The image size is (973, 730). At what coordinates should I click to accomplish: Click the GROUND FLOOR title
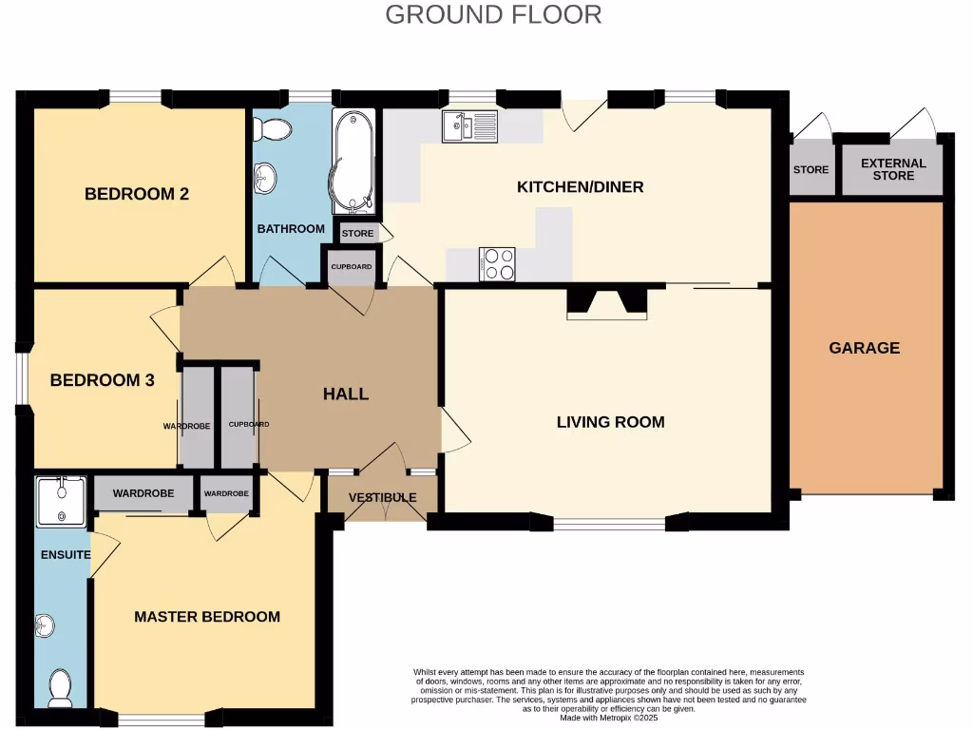[x=493, y=14]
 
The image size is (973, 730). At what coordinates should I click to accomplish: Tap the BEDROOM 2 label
[x=137, y=194]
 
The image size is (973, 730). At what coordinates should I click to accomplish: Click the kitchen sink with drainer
[x=469, y=125]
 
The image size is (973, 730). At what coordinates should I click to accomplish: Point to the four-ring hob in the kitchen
[x=497, y=264]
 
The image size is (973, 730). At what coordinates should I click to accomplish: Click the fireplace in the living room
[x=605, y=302]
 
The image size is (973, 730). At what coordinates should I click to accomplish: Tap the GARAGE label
[x=864, y=348]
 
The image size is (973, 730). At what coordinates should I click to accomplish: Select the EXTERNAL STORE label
[x=893, y=169]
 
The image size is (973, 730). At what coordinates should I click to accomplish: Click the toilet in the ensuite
[x=60, y=687]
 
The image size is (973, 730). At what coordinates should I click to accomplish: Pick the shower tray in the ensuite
[x=61, y=501]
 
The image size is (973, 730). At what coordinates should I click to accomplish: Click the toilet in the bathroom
[x=275, y=129]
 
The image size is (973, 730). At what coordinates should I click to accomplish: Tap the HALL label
[x=346, y=394]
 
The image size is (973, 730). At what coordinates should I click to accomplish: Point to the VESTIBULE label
[x=382, y=498]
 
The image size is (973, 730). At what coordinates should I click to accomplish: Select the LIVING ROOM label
[x=610, y=422]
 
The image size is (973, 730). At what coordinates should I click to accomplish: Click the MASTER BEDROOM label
[x=207, y=617]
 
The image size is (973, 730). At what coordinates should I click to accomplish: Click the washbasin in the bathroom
[x=265, y=177]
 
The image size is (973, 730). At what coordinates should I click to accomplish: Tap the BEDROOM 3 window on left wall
[x=21, y=379]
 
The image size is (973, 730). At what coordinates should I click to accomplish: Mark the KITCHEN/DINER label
[x=580, y=187]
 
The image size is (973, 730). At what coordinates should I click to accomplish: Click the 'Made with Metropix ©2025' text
[x=608, y=719]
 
